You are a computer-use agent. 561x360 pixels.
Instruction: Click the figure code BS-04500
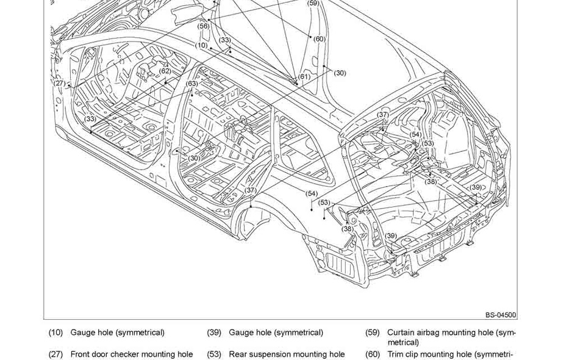pyautogui.click(x=501, y=315)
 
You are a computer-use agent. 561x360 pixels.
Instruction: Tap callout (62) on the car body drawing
pyautogui.click(x=165, y=71)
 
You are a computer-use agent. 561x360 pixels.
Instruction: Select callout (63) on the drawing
pyautogui.click(x=192, y=83)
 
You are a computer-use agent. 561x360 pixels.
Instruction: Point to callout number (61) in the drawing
pyautogui.click(x=304, y=77)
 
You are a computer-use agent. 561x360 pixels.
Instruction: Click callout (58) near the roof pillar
pyautogui.click(x=204, y=26)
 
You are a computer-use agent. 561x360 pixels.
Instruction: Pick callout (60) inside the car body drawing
pyautogui.click(x=319, y=39)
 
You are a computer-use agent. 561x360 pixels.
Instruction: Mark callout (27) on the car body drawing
pyautogui.click(x=59, y=83)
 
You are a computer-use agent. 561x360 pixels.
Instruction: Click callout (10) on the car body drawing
pyautogui.click(x=202, y=45)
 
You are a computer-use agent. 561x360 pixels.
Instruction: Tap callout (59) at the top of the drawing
pyautogui.click(x=313, y=3)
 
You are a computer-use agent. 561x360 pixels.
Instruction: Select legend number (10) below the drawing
pyautogui.click(x=55, y=333)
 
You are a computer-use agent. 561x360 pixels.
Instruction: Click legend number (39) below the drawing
pyautogui.click(x=213, y=333)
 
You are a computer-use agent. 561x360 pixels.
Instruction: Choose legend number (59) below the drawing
pyautogui.click(x=372, y=333)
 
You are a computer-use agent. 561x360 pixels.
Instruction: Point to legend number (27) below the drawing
pyautogui.click(x=55, y=354)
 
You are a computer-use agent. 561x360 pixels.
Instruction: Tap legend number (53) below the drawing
pyautogui.click(x=213, y=354)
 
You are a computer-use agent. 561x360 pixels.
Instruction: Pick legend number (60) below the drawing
pyautogui.click(x=372, y=354)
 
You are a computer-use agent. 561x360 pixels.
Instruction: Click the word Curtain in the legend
pyautogui.click(x=400, y=333)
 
